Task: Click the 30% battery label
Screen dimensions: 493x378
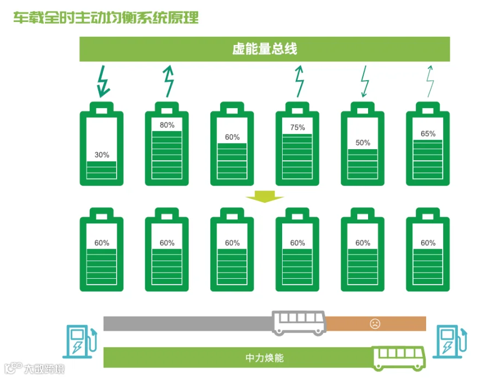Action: [x=102, y=155]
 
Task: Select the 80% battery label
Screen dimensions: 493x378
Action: [x=167, y=125]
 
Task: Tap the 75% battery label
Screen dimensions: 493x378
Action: [x=297, y=127]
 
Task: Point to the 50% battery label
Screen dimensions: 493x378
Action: [x=363, y=143]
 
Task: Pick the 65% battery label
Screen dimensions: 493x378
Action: [x=428, y=133]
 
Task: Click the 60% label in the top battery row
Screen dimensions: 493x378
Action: [x=232, y=137]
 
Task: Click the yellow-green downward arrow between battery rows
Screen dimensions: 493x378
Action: [x=265, y=197]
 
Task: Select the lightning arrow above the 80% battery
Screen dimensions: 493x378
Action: [x=169, y=81]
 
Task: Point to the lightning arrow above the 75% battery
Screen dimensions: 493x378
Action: [x=299, y=81]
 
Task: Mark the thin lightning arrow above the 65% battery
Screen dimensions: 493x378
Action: [x=430, y=81]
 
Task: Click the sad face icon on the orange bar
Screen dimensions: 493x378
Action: [x=375, y=324]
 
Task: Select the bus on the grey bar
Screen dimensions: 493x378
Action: [x=299, y=323]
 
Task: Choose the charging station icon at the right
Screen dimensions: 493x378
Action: [x=450, y=341]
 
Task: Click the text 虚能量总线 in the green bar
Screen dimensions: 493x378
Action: [x=265, y=49]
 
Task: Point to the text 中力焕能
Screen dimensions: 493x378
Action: [x=265, y=358]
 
